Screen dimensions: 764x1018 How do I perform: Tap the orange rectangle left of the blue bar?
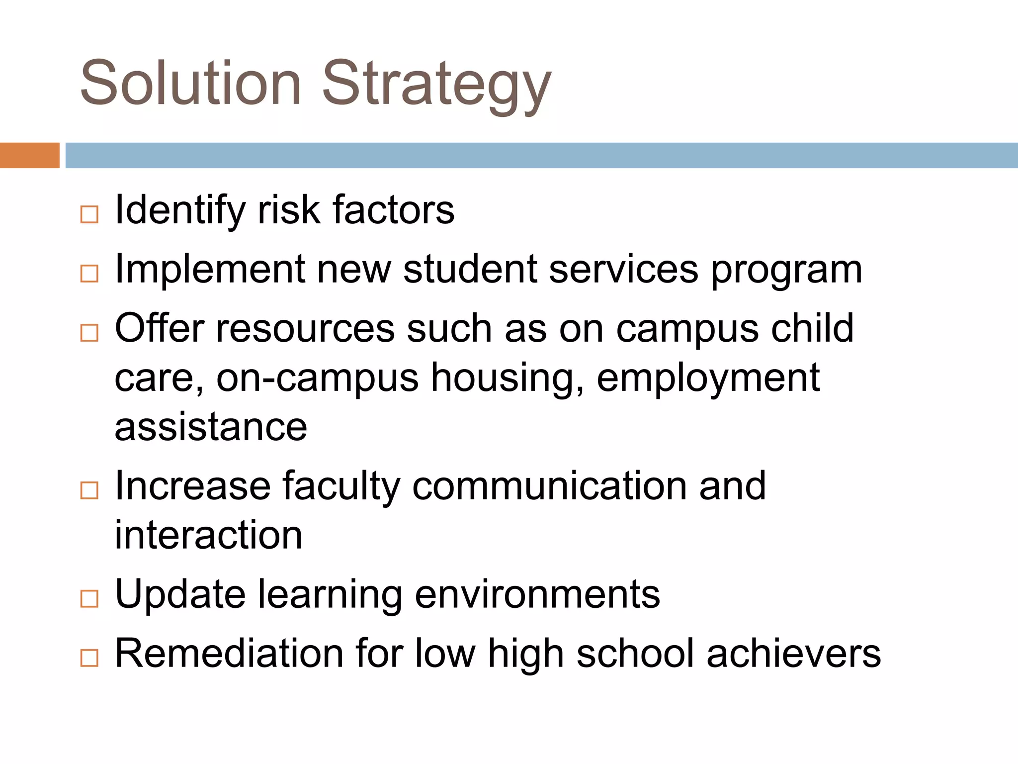pyautogui.click(x=29, y=155)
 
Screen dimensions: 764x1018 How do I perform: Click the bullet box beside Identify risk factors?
pyautogui.click(x=89, y=215)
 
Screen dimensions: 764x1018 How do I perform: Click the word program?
pyautogui.click(x=786, y=272)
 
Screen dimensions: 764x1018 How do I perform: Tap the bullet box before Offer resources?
pyautogui.click(x=89, y=333)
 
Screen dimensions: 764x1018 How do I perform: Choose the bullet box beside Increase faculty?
pyautogui.click(x=89, y=490)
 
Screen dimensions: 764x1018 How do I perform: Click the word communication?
pyautogui.click(x=550, y=486)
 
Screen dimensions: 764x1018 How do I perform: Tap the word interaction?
pyautogui.click(x=208, y=535)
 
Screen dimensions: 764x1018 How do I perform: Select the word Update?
pyautogui.click(x=180, y=594)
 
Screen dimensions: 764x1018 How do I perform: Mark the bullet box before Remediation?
pyautogui.click(x=89, y=658)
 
